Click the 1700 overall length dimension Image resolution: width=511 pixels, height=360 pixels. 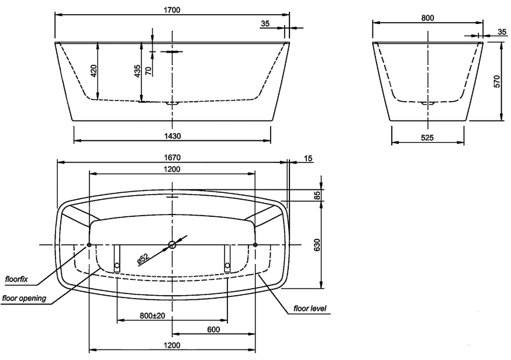pyautogui.click(x=172, y=9)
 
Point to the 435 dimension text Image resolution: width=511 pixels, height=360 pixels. pyautogui.click(x=137, y=71)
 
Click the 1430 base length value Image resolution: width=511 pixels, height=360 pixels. pyautogui.click(x=172, y=136)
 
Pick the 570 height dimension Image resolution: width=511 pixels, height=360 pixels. pyautogui.click(x=497, y=81)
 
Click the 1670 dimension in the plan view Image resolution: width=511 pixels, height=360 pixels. pyautogui.click(x=172, y=157)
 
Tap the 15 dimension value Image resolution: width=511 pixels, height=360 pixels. pyautogui.click(x=309, y=158)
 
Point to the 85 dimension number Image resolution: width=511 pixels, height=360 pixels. pyautogui.click(x=317, y=196)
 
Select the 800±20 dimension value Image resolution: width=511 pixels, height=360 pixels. pyautogui.click(x=152, y=316)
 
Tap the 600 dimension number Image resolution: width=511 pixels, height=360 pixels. pyautogui.click(x=213, y=330)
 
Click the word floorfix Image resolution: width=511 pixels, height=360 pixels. pyautogui.click(x=16, y=279)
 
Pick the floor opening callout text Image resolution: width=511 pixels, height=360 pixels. pyautogui.click(x=24, y=298)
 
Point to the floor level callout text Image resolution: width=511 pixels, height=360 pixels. pyautogui.click(x=310, y=308)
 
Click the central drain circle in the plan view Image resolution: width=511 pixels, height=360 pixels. pyautogui.click(x=172, y=245)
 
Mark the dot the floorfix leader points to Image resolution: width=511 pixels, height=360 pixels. pyautogui.click(x=89, y=245)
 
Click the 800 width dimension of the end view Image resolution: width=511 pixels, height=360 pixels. pyautogui.click(x=427, y=18)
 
